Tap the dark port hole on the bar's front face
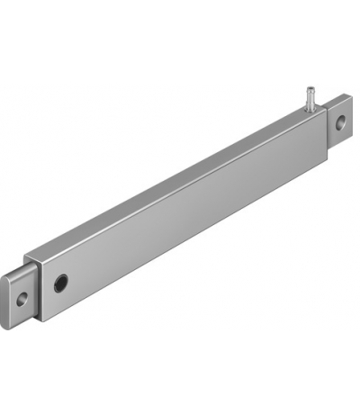coord(61,282)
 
